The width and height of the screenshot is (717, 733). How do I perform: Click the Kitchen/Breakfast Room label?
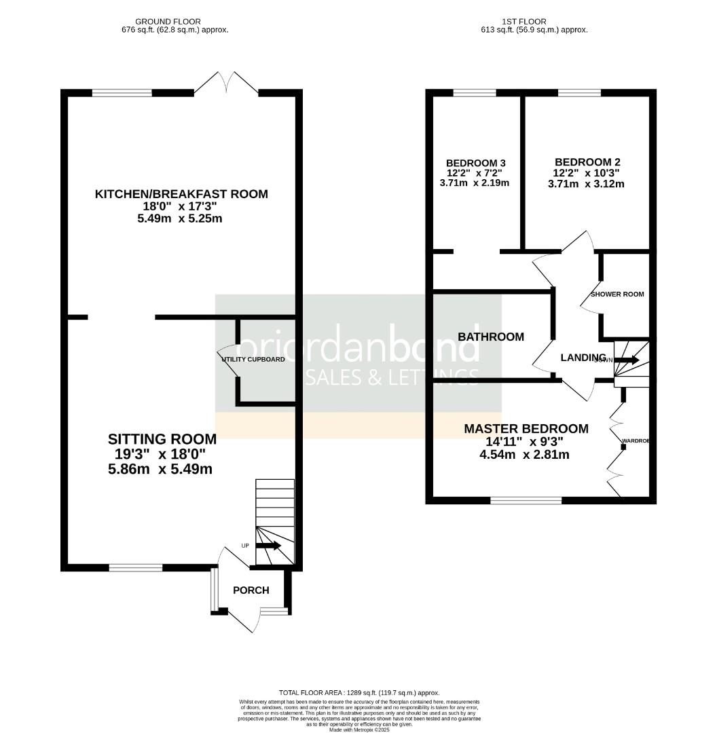tap(181, 194)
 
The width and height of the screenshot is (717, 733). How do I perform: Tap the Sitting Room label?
tap(162, 439)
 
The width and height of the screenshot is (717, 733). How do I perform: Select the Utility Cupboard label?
tap(254, 359)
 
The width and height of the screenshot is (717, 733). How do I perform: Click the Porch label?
tap(251, 590)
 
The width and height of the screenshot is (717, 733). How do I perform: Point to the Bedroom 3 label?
tap(475, 163)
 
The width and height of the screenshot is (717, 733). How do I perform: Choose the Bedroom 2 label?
tap(587, 162)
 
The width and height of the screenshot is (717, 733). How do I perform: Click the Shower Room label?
tap(617, 294)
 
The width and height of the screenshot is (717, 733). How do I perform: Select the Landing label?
tap(583, 358)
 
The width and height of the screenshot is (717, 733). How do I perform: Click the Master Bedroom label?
tap(526, 429)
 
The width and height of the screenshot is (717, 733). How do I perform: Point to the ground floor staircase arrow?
tap(269, 545)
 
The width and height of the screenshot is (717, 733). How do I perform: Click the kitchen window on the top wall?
tap(122, 94)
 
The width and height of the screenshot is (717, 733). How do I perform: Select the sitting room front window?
tap(136, 567)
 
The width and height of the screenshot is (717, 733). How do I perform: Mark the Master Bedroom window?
tap(526, 501)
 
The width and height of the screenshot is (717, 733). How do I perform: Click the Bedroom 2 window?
tap(579, 94)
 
